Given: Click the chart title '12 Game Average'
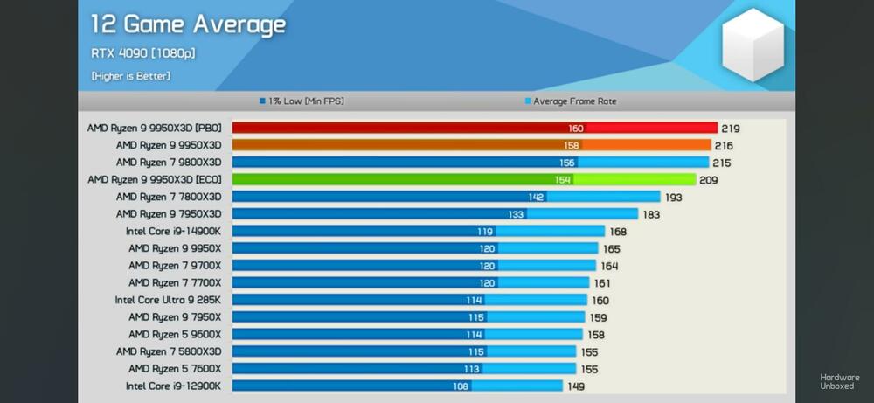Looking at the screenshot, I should click(188, 24).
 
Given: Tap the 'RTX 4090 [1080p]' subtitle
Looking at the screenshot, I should click(142, 54).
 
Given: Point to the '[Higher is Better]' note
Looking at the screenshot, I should click(130, 76).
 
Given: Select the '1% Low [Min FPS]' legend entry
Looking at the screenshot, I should click(306, 101).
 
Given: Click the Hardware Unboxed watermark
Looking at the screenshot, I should click(839, 381).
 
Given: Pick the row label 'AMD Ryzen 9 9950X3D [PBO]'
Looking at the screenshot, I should click(154, 128).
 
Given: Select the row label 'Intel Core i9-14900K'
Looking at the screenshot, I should click(173, 232).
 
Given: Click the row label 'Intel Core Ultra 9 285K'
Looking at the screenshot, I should click(168, 300).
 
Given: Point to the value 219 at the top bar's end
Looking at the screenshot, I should click(731, 129).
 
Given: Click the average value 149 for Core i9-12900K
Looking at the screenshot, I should click(576, 386).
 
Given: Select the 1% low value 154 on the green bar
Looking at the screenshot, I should click(563, 180).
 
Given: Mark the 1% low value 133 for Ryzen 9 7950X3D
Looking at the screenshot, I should click(517, 214).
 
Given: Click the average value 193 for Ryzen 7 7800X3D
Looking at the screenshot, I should click(674, 198).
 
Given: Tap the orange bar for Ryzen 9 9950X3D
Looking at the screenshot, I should click(472, 145).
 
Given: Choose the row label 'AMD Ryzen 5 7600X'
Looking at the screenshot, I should click(175, 368).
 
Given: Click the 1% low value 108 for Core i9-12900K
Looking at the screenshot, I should click(460, 386).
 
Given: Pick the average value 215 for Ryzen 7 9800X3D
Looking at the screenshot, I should click(722, 163).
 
